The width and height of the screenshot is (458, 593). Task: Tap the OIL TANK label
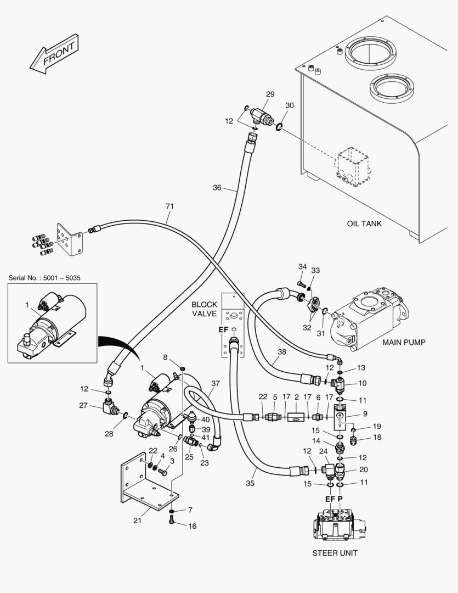click(364, 223)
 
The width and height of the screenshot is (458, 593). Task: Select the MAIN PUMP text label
click(404, 342)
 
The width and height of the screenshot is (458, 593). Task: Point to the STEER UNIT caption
click(335, 553)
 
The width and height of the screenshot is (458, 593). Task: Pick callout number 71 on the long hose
click(169, 206)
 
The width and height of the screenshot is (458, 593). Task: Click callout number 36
click(217, 188)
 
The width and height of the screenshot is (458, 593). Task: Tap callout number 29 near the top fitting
click(270, 94)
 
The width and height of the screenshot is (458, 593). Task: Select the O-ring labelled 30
click(279, 127)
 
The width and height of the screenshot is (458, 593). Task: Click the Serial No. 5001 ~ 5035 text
click(44, 278)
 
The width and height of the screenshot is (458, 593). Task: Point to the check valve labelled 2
click(296, 418)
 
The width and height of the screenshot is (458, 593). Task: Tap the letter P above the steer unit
click(340, 499)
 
